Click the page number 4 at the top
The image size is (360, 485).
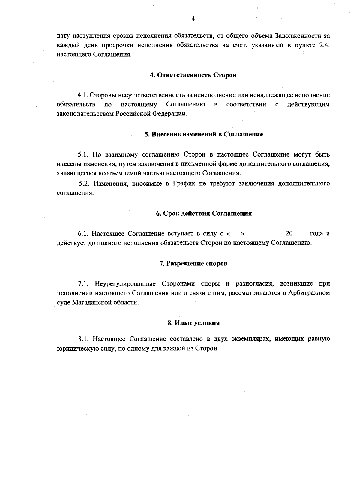tap(193, 19)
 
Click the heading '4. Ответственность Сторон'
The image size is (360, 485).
tap(193, 75)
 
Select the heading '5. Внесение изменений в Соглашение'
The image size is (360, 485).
tap(204, 134)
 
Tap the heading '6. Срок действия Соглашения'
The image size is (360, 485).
tap(204, 214)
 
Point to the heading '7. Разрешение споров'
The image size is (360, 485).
tap(193, 263)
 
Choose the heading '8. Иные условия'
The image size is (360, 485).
tap(193, 323)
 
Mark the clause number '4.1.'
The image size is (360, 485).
tap(82, 95)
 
